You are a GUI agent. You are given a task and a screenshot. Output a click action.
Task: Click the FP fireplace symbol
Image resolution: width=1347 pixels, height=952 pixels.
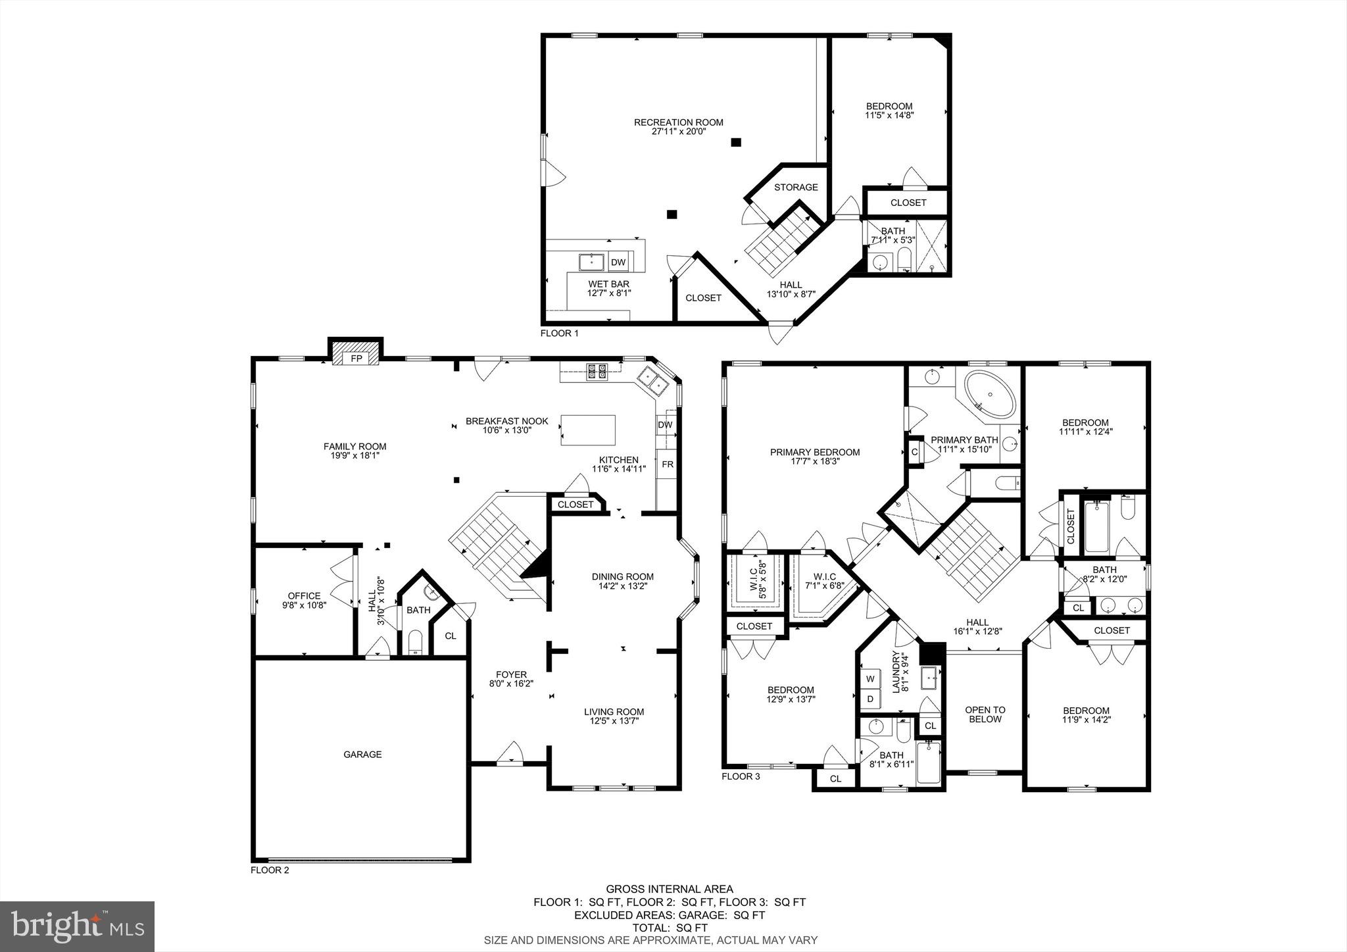coord(356,359)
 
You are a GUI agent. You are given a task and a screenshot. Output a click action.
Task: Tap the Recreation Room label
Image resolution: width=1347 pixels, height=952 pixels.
coord(678,122)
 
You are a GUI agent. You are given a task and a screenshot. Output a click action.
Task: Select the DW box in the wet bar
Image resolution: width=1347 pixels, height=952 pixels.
coord(618,263)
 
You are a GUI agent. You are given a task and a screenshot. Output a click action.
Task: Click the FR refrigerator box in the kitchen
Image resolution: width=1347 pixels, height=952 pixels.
coord(667,464)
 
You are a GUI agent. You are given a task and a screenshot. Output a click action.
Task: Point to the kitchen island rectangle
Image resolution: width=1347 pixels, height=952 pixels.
coord(588,430)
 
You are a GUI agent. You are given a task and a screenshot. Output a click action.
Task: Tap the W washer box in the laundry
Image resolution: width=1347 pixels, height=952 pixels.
coord(870,678)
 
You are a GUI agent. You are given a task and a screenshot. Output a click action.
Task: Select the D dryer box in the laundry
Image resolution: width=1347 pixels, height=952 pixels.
coord(870,699)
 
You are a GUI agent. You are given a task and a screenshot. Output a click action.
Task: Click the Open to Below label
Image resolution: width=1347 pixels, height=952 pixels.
coord(985,714)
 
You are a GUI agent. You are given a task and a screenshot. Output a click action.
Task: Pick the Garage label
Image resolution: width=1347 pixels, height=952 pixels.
coord(362,755)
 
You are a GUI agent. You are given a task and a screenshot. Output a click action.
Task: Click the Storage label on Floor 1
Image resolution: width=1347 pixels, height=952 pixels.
coord(796,188)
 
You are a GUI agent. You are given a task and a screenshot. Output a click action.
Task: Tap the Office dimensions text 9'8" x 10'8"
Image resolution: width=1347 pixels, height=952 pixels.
coord(304,605)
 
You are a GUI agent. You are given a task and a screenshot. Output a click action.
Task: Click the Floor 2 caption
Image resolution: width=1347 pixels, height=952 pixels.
coord(270,870)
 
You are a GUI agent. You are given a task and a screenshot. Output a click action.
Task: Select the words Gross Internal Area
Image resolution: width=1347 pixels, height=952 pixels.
coord(669,889)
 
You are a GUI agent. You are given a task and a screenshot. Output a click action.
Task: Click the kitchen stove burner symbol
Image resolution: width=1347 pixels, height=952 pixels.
coord(597,372)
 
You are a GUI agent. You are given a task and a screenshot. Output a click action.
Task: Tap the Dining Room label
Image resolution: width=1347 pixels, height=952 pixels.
coord(622,577)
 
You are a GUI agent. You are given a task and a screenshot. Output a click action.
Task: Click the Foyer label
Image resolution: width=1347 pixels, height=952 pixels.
coord(511,674)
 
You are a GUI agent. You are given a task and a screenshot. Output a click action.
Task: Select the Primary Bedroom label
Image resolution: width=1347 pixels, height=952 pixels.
coord(814,452)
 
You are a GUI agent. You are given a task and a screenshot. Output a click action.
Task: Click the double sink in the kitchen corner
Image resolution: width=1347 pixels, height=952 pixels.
coord(652,380)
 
